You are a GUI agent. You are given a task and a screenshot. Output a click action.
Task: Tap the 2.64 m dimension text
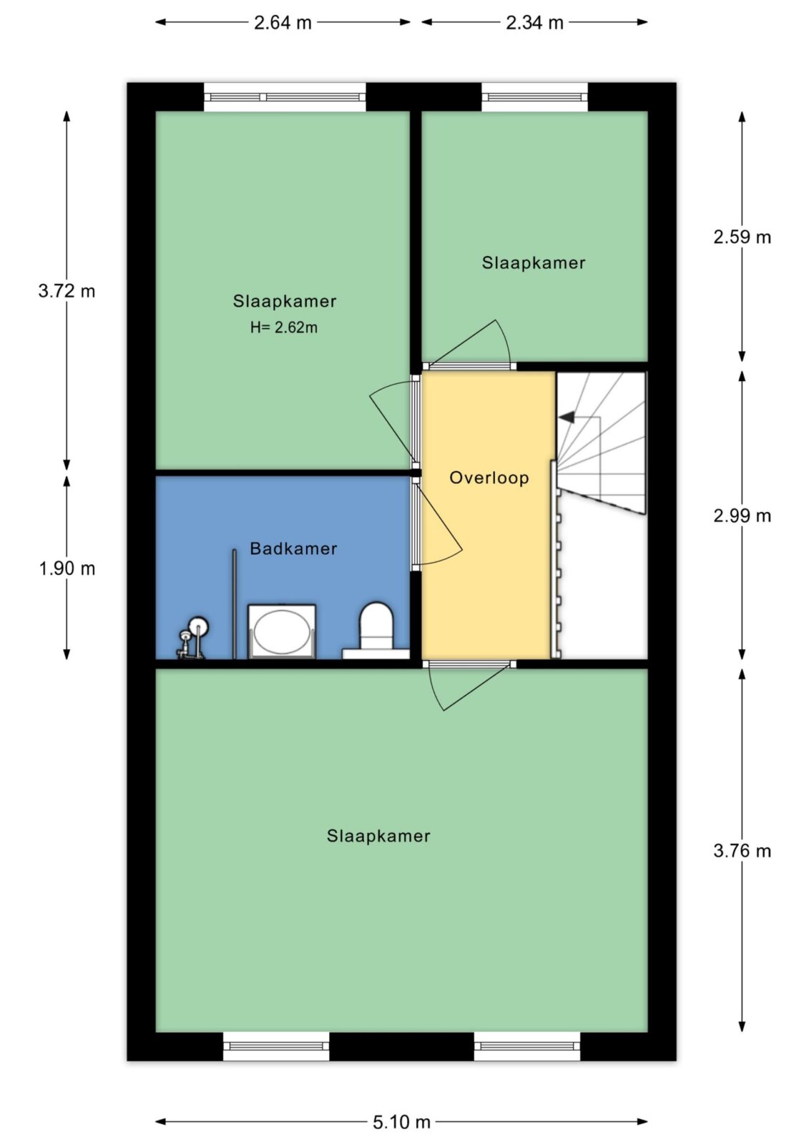point(283,23)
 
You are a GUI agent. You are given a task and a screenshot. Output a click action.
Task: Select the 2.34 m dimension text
point(534,23)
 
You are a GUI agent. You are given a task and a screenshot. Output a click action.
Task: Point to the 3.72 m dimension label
point(67,291)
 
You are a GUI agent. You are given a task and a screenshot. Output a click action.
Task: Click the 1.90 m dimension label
point(67,568)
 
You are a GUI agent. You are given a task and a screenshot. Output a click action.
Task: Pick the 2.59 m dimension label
point(742,237)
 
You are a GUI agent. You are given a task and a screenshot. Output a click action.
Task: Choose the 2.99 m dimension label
point(742,516)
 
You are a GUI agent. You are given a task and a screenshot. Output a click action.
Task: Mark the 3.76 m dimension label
point(742,851)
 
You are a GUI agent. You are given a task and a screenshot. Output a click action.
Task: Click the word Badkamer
point(293,548)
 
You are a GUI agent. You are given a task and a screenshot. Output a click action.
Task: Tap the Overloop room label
point(489,478)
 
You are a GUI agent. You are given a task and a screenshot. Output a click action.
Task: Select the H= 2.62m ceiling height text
point(284,327)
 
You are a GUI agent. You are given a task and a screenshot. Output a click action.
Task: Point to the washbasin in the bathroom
point(282,632)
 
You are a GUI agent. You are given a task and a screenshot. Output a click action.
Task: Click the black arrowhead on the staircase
point(567,418)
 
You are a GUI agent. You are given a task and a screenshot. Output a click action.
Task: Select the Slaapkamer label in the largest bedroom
point(378,836)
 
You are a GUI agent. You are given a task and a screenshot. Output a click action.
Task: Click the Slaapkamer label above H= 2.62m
point(285,301)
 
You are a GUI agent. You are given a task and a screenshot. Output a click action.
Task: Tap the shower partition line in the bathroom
point(234,604)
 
